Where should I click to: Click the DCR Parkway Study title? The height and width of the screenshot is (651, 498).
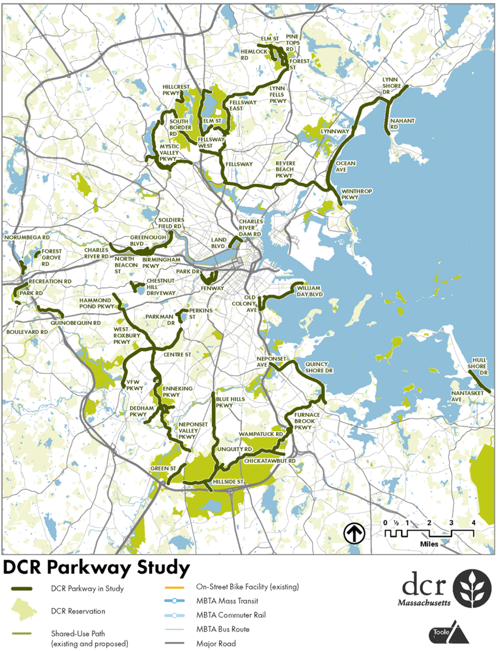[96, 567]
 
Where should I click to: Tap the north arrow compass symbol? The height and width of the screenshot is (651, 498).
[354, 533]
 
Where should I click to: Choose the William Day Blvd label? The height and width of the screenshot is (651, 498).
[309, 291]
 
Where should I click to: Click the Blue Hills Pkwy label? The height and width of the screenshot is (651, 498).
[228, 402]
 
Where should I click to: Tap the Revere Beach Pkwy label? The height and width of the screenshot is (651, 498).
[286, 169]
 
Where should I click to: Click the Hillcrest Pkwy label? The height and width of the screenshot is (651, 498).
[176, 90]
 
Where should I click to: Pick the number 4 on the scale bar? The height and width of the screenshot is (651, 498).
[473, 522]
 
